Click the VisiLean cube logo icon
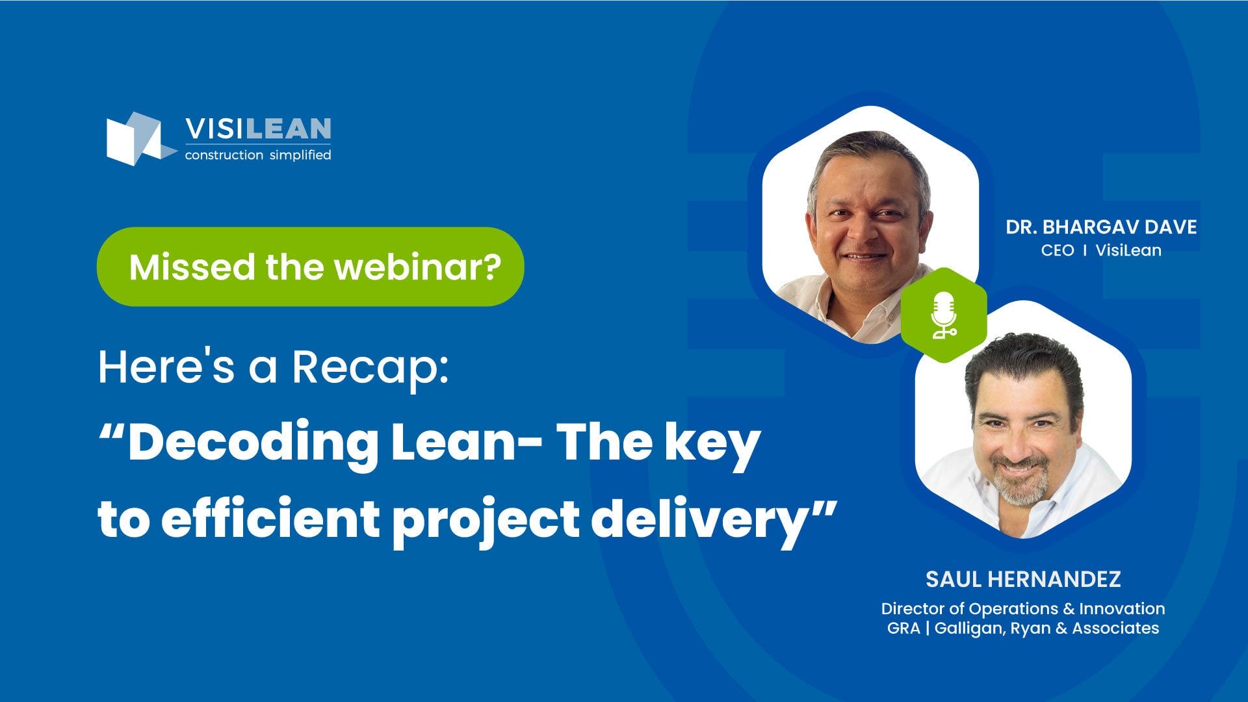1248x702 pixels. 138,138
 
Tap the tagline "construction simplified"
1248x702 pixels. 258,155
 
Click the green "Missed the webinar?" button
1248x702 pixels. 310,266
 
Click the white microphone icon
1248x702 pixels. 943,315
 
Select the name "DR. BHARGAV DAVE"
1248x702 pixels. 1101,227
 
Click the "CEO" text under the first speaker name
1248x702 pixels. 1058,250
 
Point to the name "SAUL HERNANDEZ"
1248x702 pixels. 1023,579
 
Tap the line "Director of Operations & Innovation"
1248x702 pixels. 1023,609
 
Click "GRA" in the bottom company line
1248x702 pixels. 903,629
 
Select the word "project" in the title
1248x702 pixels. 486,520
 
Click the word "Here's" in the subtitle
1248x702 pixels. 166,367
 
